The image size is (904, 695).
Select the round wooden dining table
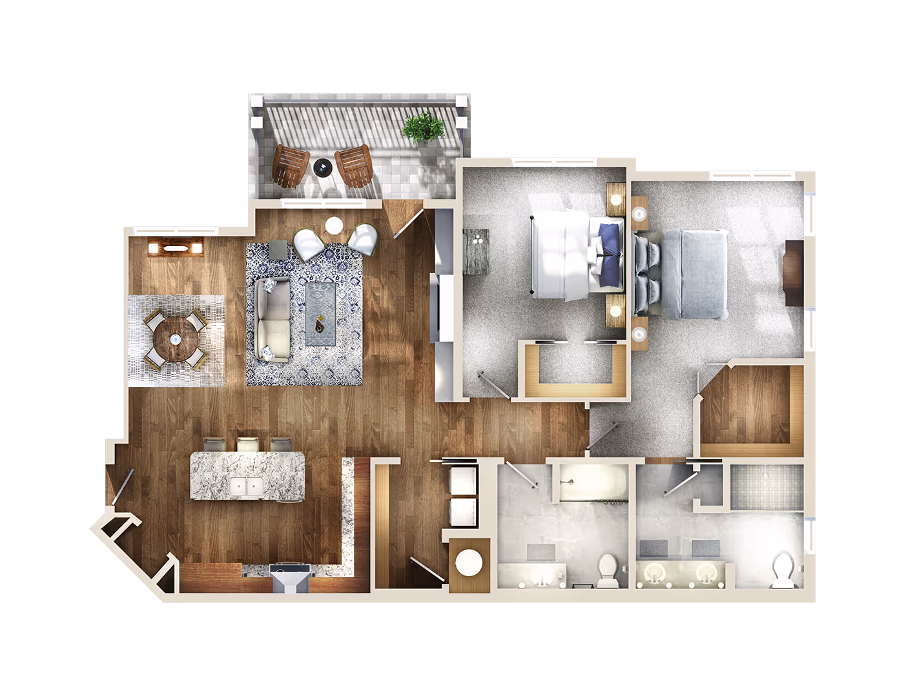pyautogui.click(x=175, y=339)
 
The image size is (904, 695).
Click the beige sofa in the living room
pyautogui.click(x=272, y=319)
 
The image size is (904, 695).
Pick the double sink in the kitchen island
pyautogui.click(x=246, y=486)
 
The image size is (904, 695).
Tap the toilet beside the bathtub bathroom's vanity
pyautogui.click(x=608, y=570)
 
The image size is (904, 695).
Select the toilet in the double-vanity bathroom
pyautogui.click(x=784, y=569)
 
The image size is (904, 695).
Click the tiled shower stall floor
pyautogui.click(x=766, y=486)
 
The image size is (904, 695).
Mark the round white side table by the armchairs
pyautogui.click(x=334, y=225)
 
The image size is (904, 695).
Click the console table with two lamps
pyautogui.click(x=176, y=247)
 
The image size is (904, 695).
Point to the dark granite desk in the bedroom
pyautogui.click(x=476, y=251)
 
